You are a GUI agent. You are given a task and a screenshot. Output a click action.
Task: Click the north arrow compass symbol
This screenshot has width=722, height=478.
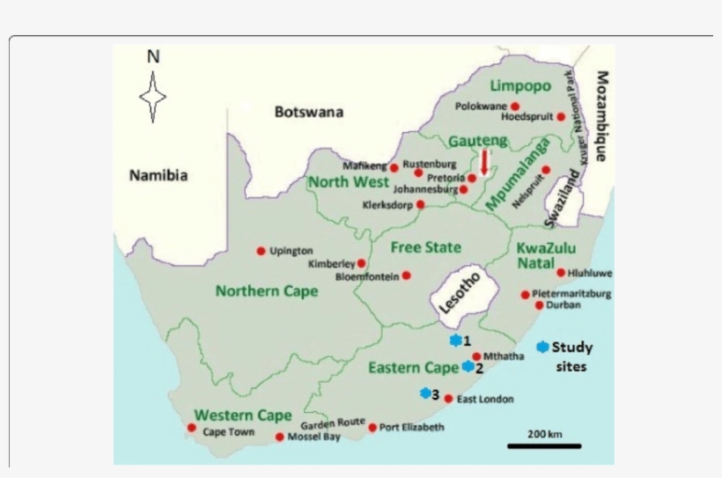pos(153,96)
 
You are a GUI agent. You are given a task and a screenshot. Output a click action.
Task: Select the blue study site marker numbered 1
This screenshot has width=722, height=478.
pos(455,340)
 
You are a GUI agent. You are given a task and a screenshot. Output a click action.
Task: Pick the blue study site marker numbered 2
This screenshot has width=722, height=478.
pos(468,366)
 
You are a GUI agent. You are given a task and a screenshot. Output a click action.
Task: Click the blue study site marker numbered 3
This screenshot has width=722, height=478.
pos(425,393)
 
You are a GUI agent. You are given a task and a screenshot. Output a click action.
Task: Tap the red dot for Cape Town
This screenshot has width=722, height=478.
pos(192,428)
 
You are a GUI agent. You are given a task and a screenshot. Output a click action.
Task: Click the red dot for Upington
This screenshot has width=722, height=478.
pos(261,251)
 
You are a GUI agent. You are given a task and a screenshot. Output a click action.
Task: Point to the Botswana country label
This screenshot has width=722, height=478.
pos(308,112)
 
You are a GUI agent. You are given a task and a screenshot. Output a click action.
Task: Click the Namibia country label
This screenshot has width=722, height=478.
pos(158,175)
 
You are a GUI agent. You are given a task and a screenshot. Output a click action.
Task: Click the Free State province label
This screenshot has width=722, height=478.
pos(426,247)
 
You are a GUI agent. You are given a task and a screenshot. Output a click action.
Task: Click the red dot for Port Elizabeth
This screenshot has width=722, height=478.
pos(372,427)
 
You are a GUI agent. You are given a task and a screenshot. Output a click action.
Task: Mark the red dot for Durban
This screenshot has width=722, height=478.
pos(539,305)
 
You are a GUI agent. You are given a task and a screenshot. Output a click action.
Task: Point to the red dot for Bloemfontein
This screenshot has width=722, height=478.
pos(406,276)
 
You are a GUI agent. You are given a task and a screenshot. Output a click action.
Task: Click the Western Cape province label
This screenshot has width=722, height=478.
pos(232,415)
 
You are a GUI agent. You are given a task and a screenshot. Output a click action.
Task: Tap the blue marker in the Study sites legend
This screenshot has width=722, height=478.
pos(541,347)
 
